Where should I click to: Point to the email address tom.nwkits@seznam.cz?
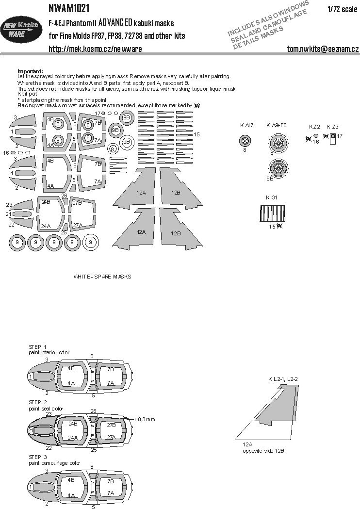tap(323, 49)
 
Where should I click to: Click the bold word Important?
tap(30, 71)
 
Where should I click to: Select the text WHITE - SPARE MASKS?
tap(102, 276)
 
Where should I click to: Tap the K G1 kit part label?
tap(271, 197)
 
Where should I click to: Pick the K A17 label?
tap(246, 125)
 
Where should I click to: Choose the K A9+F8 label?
tap(277, 125)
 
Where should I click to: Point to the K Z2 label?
tap(314, 127)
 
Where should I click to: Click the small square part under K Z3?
tap(332, 136)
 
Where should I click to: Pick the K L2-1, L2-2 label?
tap(282, 378)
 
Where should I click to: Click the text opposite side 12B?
tap(263, 451)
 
